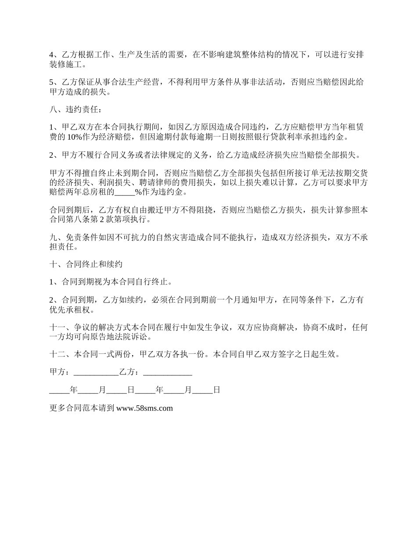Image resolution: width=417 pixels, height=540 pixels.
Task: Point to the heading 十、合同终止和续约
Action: click(x=86, y=264)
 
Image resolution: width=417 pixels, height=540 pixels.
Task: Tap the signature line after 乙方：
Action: click(x=168, y=372)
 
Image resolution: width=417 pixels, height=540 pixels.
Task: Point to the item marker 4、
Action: click(x=54, y=55)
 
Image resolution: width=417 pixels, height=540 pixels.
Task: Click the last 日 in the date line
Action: click(x=216, y=390)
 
